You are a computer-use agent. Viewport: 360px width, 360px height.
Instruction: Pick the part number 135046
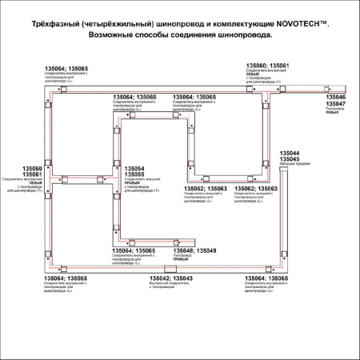[x=336, y=98]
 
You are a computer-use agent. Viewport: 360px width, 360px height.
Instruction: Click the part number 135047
[x=336, y=105]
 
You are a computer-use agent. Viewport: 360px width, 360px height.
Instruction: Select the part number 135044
[x=289, y=153]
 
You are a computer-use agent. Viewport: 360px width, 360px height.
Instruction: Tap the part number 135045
[x=289, y=159]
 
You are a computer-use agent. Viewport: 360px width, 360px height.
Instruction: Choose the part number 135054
[x=134, y=168]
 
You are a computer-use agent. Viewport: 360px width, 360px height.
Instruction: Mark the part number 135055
[x=134, y=174]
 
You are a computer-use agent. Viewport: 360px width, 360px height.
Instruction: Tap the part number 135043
[x=182, y=278]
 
